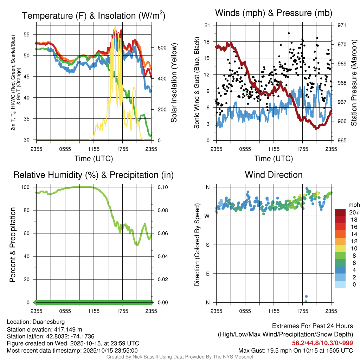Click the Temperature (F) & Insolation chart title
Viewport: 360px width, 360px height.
(94, 15)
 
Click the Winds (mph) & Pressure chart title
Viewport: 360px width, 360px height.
(274, 13)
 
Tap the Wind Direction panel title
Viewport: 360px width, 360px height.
(274, 174)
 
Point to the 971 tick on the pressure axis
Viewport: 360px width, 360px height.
(342, 25)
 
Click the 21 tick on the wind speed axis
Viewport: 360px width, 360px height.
(207, 25)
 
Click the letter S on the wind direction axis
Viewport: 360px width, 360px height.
(207, 245)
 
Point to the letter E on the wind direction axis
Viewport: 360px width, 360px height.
(207, 274)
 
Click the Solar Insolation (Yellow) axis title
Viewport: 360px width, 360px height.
(174, 83)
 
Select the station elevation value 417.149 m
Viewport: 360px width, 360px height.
(67, 329)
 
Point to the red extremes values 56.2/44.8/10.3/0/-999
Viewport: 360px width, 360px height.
(322, 343)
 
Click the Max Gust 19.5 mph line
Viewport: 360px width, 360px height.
(295, 350)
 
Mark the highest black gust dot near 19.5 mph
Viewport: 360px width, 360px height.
(289, 33)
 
